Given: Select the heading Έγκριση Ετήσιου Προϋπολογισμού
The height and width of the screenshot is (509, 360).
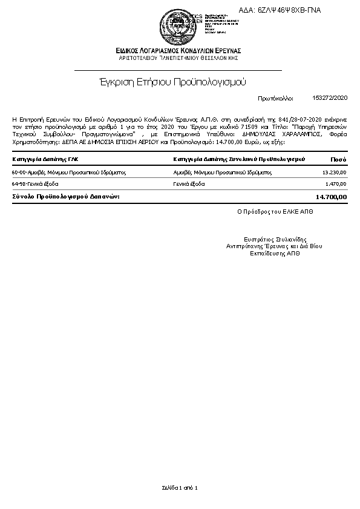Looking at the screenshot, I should point(172,81).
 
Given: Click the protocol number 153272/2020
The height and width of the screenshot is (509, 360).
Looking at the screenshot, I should point(330,97).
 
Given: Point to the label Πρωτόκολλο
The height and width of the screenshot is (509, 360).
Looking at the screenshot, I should point(275,97).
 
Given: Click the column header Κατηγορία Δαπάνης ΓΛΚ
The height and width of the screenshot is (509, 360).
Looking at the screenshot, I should point(45,159).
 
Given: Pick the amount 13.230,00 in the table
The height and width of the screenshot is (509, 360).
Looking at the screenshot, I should point(334,172).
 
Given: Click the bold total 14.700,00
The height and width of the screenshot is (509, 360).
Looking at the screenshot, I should point(331,197).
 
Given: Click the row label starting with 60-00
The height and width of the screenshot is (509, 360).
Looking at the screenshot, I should point(68,172).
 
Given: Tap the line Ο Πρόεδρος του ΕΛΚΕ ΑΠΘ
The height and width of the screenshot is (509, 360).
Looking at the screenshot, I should point(275,212).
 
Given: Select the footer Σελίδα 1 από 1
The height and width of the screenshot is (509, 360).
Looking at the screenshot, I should point(180,487).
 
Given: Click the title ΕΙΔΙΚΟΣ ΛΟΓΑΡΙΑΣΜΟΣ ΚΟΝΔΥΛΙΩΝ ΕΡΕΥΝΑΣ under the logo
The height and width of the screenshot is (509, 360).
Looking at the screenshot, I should point(180,50).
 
